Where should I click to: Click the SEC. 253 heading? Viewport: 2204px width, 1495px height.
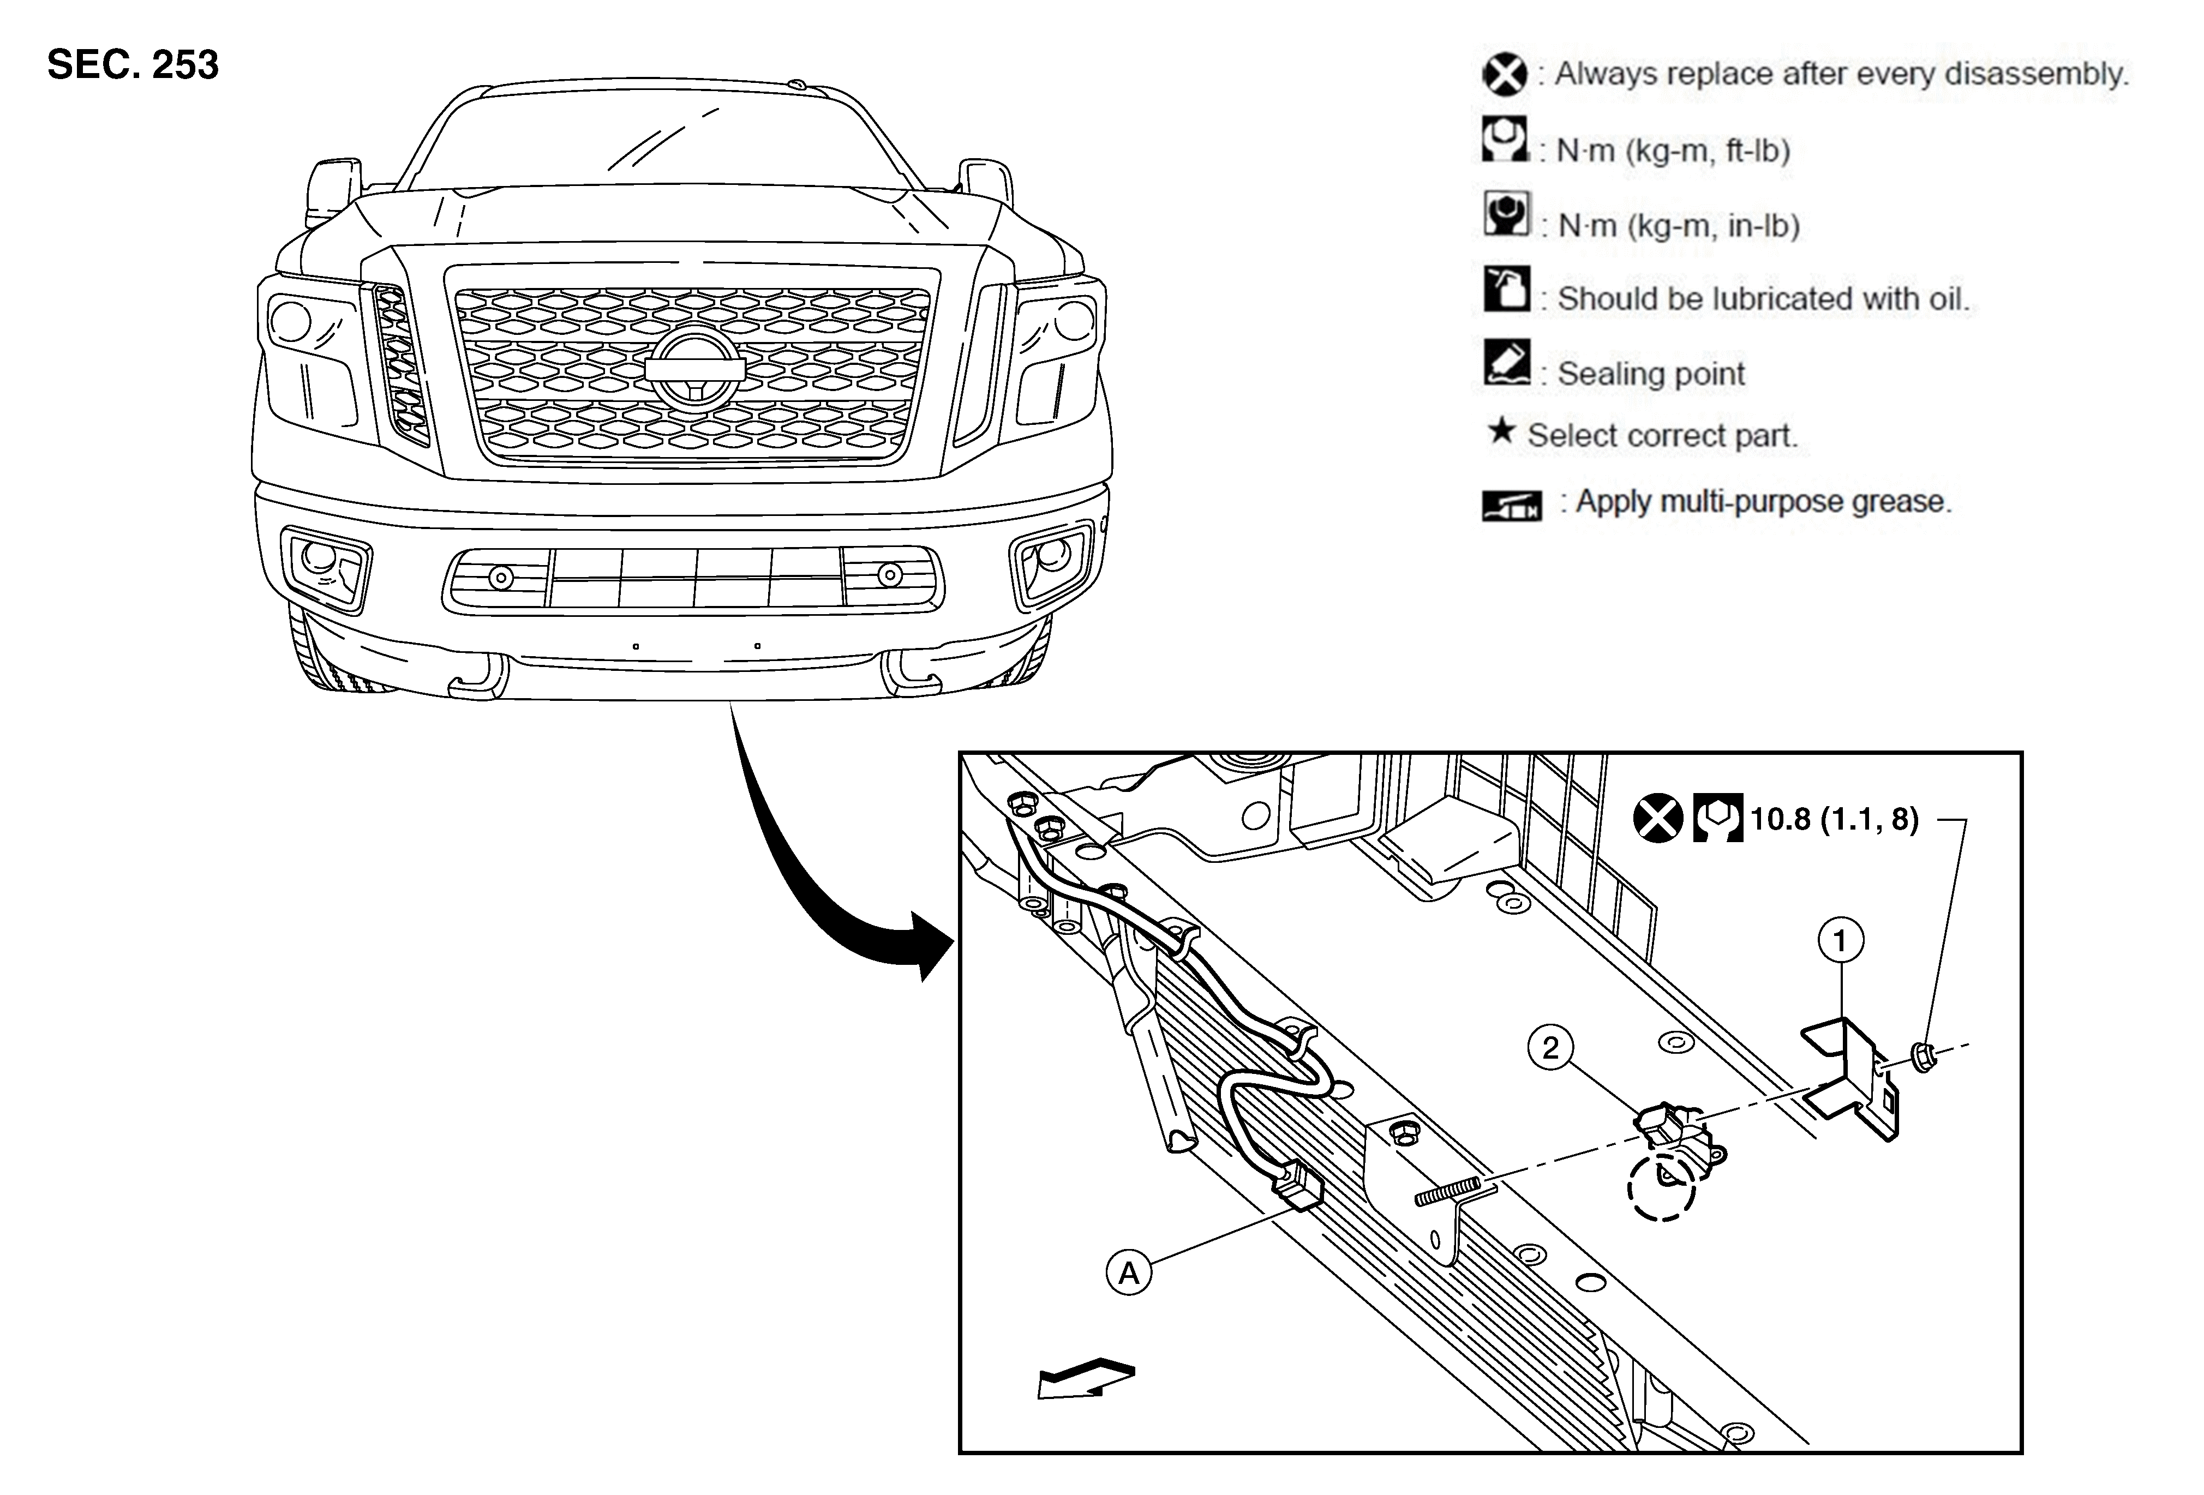(133, 64)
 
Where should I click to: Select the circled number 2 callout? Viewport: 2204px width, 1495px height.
(1550, 1048)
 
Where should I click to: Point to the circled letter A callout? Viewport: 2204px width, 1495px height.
(1129, 1272)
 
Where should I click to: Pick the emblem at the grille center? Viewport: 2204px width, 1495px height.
(692, 369)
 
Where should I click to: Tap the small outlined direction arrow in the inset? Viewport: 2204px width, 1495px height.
(1086, 1377)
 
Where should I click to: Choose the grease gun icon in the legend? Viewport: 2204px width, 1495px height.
(1512, 505)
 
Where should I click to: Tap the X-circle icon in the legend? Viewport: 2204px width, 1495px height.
(1504, 74)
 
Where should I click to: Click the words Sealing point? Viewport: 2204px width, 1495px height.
(1651, 374)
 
